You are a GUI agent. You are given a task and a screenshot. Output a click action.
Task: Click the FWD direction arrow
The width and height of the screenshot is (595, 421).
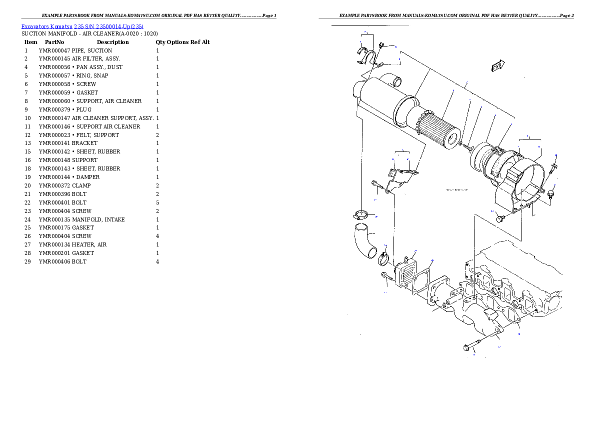[497, 66]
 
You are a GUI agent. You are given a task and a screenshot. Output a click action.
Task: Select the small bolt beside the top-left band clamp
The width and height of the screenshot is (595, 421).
[381, 45]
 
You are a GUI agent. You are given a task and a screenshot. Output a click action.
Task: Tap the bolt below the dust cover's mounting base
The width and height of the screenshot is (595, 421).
[501, 218]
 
